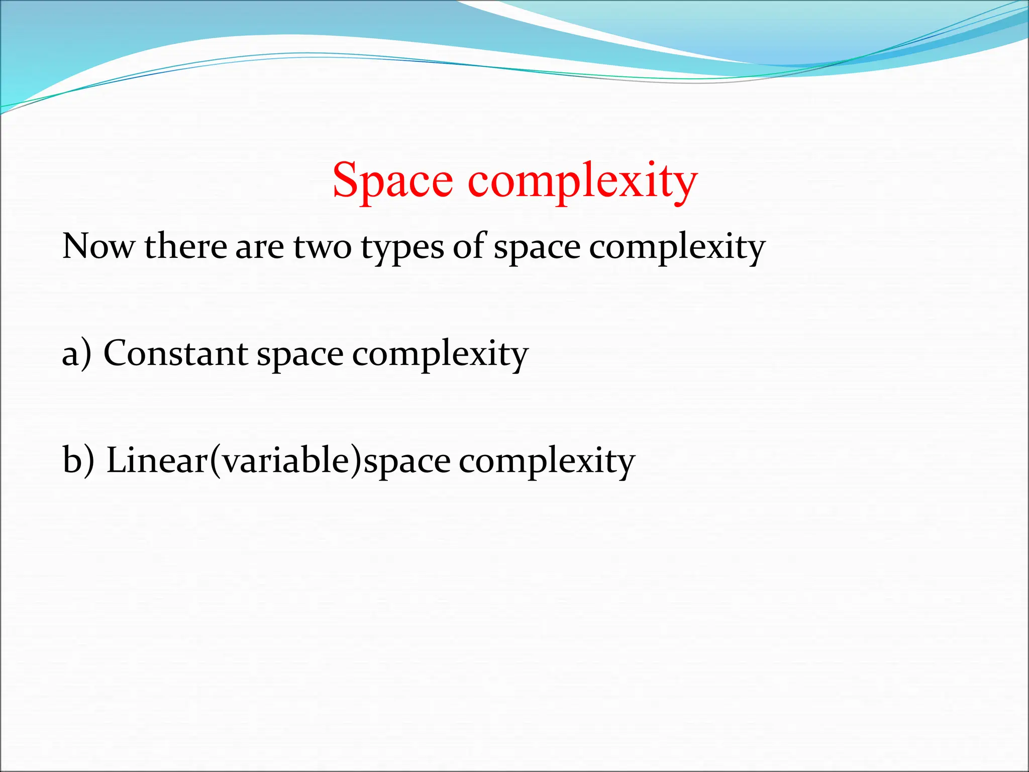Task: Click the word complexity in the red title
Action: coord(583,181)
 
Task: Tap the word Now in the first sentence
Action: coord(98,247)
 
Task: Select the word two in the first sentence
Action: coord(322,247)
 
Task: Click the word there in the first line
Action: coord(185,247)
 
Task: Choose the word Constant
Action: coord(175,353)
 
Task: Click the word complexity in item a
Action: coord(440,355)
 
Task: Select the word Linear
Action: coord(157,460)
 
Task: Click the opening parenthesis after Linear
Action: coord(216,461)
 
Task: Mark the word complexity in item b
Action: coord(547,462)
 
